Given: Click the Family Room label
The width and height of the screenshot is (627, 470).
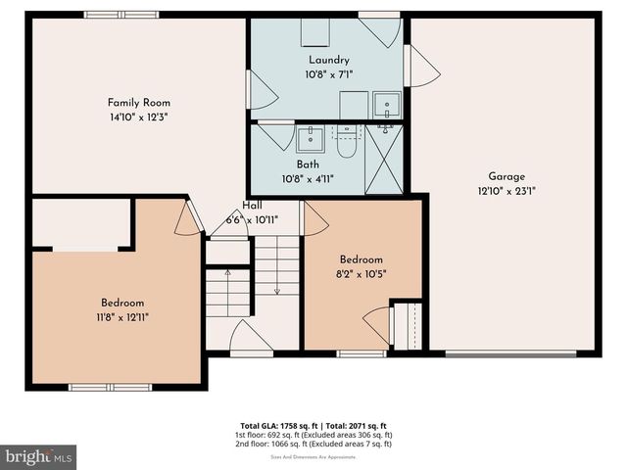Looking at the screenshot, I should click(x=138, y=102).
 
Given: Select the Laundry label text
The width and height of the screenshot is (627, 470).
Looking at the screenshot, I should click(x=328, y=61).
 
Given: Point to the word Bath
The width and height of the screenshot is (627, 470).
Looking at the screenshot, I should click(x=308, y=164).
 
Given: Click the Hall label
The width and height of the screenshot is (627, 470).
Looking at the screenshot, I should click(x=253, y=206).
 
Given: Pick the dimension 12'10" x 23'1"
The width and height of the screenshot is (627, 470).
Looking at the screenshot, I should click(x=506, y=192).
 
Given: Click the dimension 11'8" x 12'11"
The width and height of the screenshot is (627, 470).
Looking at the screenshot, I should click(x=122, y=316).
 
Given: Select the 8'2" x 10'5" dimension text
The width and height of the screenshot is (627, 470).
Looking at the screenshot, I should click(x=362, y=273).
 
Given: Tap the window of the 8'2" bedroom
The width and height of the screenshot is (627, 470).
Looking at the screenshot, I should click(x=362, y=352).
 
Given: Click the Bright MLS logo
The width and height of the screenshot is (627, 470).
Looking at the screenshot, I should click(x=39, y=456).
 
